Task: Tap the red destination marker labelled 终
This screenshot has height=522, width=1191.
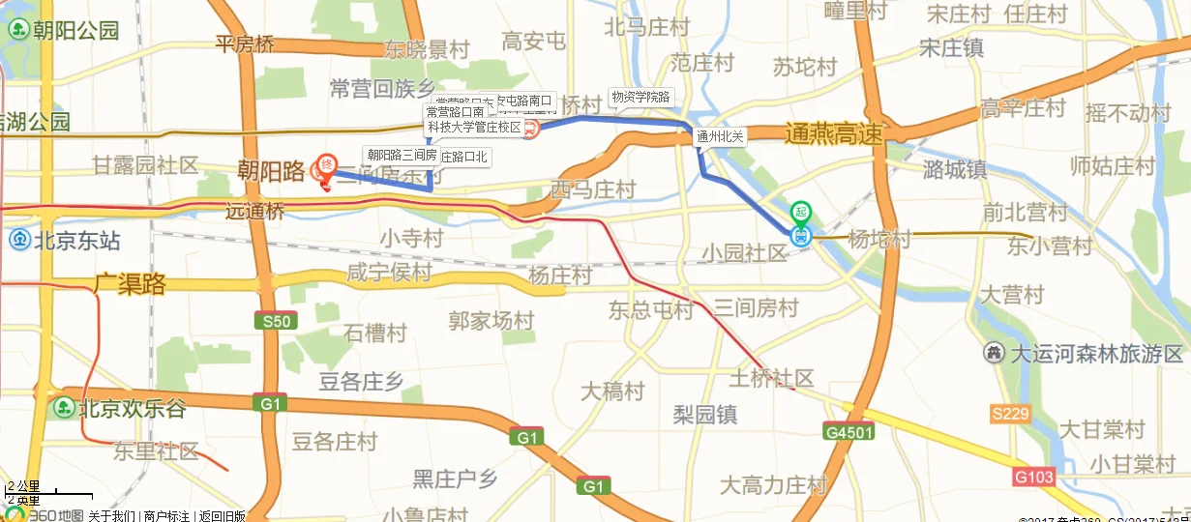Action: coord(327,165)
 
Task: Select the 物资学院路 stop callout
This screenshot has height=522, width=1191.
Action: coord(640,97)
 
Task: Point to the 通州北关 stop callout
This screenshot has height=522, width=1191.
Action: coord(721,137)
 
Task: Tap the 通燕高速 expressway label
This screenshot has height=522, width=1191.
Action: coord(834,135)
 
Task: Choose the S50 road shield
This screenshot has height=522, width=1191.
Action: coord(271,321)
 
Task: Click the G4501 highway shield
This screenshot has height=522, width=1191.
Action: coord(849,432)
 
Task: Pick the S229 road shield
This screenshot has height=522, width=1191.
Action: coord(1009,414)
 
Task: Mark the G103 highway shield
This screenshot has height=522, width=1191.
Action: coord(1033,477)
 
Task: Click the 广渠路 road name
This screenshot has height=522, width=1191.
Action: coord(130,284)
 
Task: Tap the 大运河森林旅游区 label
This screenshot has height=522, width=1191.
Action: coord(1086,353)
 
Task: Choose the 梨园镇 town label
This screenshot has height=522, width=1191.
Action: coord(705,415)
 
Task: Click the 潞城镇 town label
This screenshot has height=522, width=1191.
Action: coord(954,169)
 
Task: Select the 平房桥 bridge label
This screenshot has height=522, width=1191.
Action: coord(245,43)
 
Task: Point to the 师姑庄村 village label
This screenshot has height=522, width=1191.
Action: coord(1113,166)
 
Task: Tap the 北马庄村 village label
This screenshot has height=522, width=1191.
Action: coord(646,27)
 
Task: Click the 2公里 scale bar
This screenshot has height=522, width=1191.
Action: coord(34,493)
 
